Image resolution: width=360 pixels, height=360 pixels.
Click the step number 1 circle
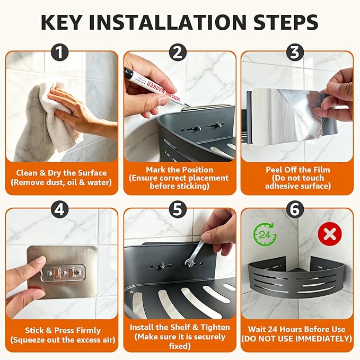tap(59, 53)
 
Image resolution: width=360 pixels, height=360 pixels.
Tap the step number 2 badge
tap(178, 53)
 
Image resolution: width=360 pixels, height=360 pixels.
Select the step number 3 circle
tap(295, 53)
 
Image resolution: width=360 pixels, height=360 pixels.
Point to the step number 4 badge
tap(59, 209)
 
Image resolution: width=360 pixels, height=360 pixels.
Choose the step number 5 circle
tap(178, 209)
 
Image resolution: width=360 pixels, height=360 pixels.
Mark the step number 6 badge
tap(295, 209)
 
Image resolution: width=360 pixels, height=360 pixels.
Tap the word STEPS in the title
tap(286, 22)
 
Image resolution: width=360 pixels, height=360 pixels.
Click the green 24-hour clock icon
tap(265, 234)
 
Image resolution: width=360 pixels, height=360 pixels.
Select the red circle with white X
tap(330, 234)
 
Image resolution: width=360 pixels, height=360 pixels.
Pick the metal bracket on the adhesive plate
tap(63, 273)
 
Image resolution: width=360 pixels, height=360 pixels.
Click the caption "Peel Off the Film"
tap(298, 170)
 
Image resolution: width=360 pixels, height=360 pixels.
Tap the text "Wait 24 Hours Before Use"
tap(296, 329)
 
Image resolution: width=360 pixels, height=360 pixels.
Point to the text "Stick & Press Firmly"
tap(63, 330)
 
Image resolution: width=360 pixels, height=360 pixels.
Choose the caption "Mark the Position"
tap(180, 170)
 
